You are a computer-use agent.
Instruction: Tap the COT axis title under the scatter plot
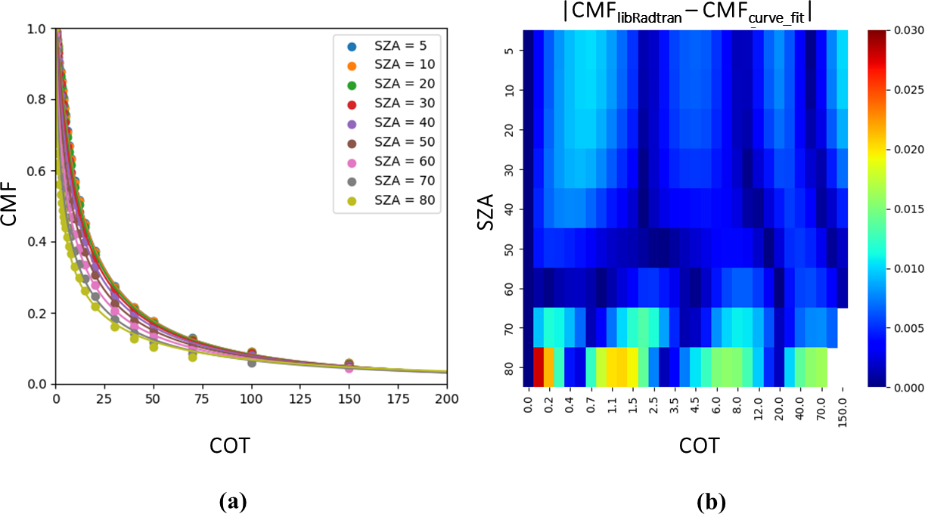click(x=229, y=447)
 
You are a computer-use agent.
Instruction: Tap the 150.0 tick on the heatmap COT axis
click(x=843, y=413)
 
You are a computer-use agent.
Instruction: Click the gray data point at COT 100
click(x=251, y=363)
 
